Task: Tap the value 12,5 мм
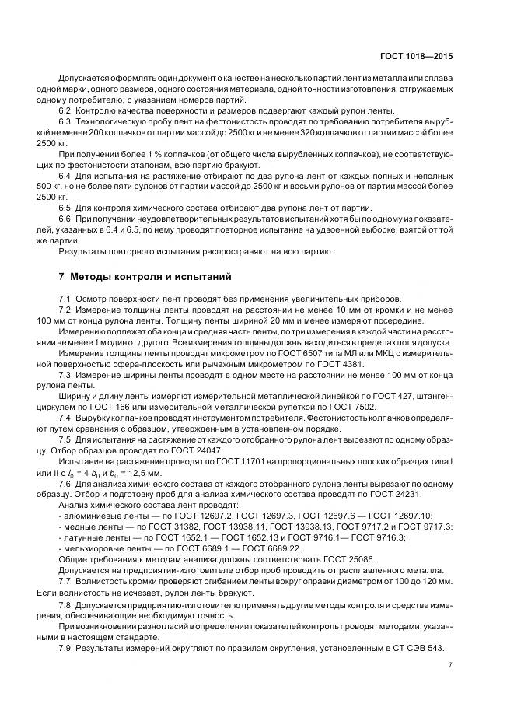160,473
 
